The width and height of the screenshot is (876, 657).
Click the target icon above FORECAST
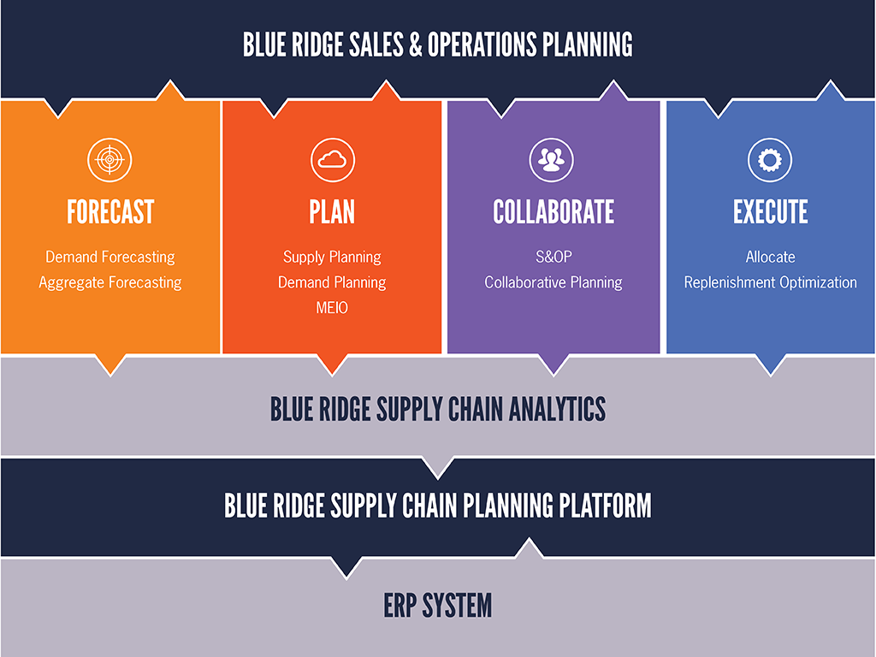tap(109, 160)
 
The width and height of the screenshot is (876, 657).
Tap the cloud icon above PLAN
tap(333, 160)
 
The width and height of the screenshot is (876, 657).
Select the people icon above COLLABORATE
tap(552, 160)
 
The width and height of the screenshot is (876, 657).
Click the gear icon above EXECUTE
tap(770, 160)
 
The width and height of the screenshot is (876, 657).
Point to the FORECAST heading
tap(110, 212)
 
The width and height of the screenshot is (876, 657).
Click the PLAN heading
tap(332, 212)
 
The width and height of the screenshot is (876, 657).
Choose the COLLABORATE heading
tap(553, 212)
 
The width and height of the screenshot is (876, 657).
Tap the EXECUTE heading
tap(771, 212)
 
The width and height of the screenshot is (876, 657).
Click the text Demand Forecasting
tap(110, 257)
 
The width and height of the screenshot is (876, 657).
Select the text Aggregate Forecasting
tap(110, 282)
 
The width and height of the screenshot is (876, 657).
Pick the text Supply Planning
tap(332, 257)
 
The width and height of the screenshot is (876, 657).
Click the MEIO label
tap(332, 308)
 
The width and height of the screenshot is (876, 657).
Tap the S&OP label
tap(553, 257)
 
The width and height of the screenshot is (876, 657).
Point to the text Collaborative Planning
tap(553, 282)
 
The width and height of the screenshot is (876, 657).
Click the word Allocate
tap(771, 257)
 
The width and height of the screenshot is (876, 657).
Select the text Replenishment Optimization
tap(771, 282)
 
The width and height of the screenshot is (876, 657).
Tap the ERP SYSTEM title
tap(438, 606)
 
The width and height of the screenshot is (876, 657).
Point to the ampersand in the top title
tap(416, 44)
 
